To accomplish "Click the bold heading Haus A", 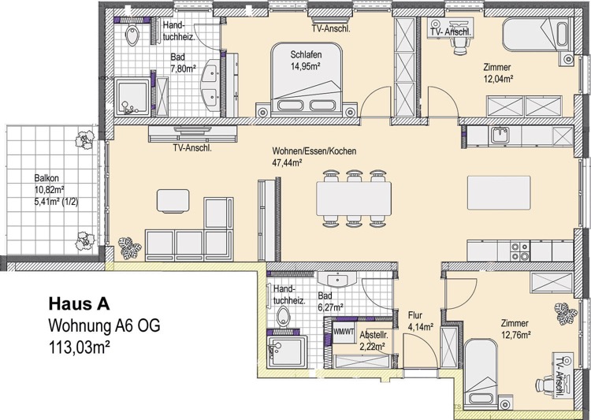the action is pyautogui.click(x=79, y=304).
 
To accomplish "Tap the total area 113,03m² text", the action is pyautogui.click(x=79, y=347).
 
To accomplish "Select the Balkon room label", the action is pyautogui.click(x=46, y=178).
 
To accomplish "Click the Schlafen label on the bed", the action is pyautogui.click(x=306, y=54).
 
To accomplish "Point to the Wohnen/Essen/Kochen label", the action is pyautogui.click(x=314, y=151).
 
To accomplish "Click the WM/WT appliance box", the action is pyautogui.click(x=344, y=332).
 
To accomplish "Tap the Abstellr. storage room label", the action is pyautogui.click(x=374, y=335).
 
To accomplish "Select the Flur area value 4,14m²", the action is pyautogui.click(x=420, y=327).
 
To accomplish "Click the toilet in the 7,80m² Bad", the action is pyautogui.click(x=132, y=35).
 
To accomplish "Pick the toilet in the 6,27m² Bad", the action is pyautogui.click(x=283, y=316).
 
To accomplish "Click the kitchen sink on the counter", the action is pyautogui.click(x=500, y=135).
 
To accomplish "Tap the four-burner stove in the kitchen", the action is pyautogui.click(x=520, y=251).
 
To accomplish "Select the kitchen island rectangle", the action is pyautogui.click(x=499, y=192).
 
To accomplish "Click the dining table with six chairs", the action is pyautogui.click(x=354, y=199).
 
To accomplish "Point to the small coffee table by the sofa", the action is pyautogui.click(x=173, y=201).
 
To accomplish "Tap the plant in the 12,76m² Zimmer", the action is pyautogui.click(x=565, y=314).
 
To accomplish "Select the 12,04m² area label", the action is pyautogui.click(x=499, y=79).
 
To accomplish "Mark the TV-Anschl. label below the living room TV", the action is pyautogui.click(x=192, y=148).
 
